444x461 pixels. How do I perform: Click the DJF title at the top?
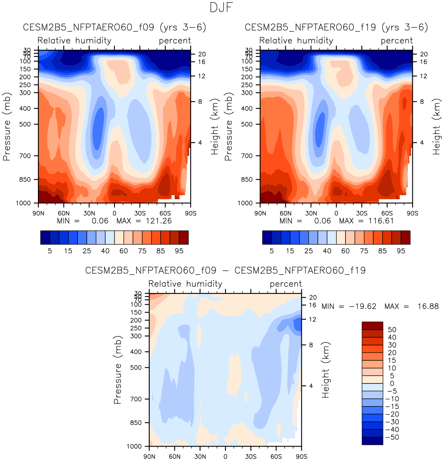point(222,7)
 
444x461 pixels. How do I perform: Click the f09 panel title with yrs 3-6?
point(114,27)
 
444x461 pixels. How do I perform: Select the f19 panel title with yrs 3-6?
point(336,27)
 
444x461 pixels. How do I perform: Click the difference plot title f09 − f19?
point(225,271)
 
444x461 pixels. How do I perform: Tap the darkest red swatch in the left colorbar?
point(184,237)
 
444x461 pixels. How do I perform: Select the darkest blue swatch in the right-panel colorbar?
point(267,237)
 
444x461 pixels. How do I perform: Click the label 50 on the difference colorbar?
point(392,330)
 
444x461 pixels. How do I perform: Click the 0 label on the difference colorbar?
point(392,383)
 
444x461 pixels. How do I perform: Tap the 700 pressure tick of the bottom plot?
point(136,399)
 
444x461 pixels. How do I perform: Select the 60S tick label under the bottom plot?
point(276,457)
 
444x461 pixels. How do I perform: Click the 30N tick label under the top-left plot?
point(89,213)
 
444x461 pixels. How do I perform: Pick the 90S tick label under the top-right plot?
point(412,213)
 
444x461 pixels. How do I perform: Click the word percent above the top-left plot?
point(175,41)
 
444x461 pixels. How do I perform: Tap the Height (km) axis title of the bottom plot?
point(326,370)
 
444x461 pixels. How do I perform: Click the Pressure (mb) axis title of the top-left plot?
point(7,127)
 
